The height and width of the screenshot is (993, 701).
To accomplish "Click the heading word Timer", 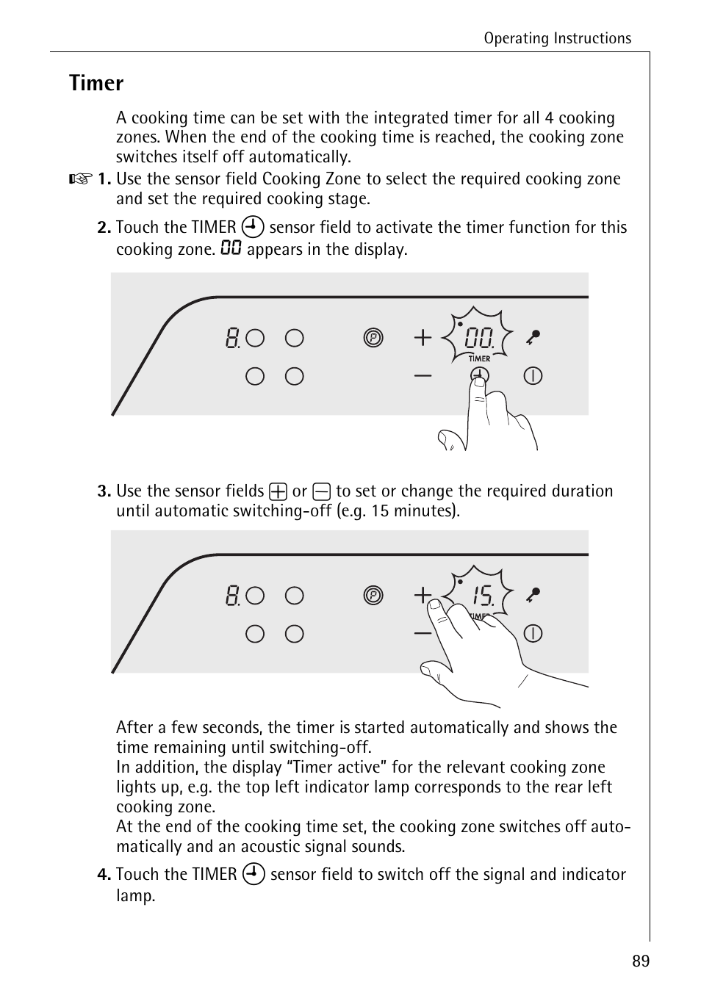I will (96, 84).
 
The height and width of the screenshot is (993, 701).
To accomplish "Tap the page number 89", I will (640, 961).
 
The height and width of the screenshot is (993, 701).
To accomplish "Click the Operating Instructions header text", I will (557, 39).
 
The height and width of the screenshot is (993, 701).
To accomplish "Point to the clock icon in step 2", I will (253, 227).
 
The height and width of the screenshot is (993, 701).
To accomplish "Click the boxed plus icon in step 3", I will (278, 491).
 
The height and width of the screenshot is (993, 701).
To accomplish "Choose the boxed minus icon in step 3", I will (321, 491).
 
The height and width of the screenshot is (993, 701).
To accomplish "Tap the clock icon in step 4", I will (254, 874).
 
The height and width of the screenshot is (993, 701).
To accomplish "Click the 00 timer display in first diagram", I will (478, 339).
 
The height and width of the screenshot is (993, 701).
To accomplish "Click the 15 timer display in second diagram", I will (482, 596).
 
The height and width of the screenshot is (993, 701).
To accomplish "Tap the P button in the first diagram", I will (373, 338).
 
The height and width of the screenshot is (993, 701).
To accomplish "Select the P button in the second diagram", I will (373, 596).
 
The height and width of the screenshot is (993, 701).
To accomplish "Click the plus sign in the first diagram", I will (423, 338).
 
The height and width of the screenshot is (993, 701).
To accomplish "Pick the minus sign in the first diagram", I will (423, 376).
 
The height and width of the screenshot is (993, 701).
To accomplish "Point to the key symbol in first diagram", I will (533, 338).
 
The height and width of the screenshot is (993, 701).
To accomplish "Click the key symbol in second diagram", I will (533, 595).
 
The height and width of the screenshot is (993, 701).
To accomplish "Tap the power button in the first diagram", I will (533, 376).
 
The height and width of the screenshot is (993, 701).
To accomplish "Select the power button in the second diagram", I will (533, 633).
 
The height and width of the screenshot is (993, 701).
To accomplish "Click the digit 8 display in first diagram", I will (232, 339).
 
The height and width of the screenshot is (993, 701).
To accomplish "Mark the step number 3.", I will (104, 491).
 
